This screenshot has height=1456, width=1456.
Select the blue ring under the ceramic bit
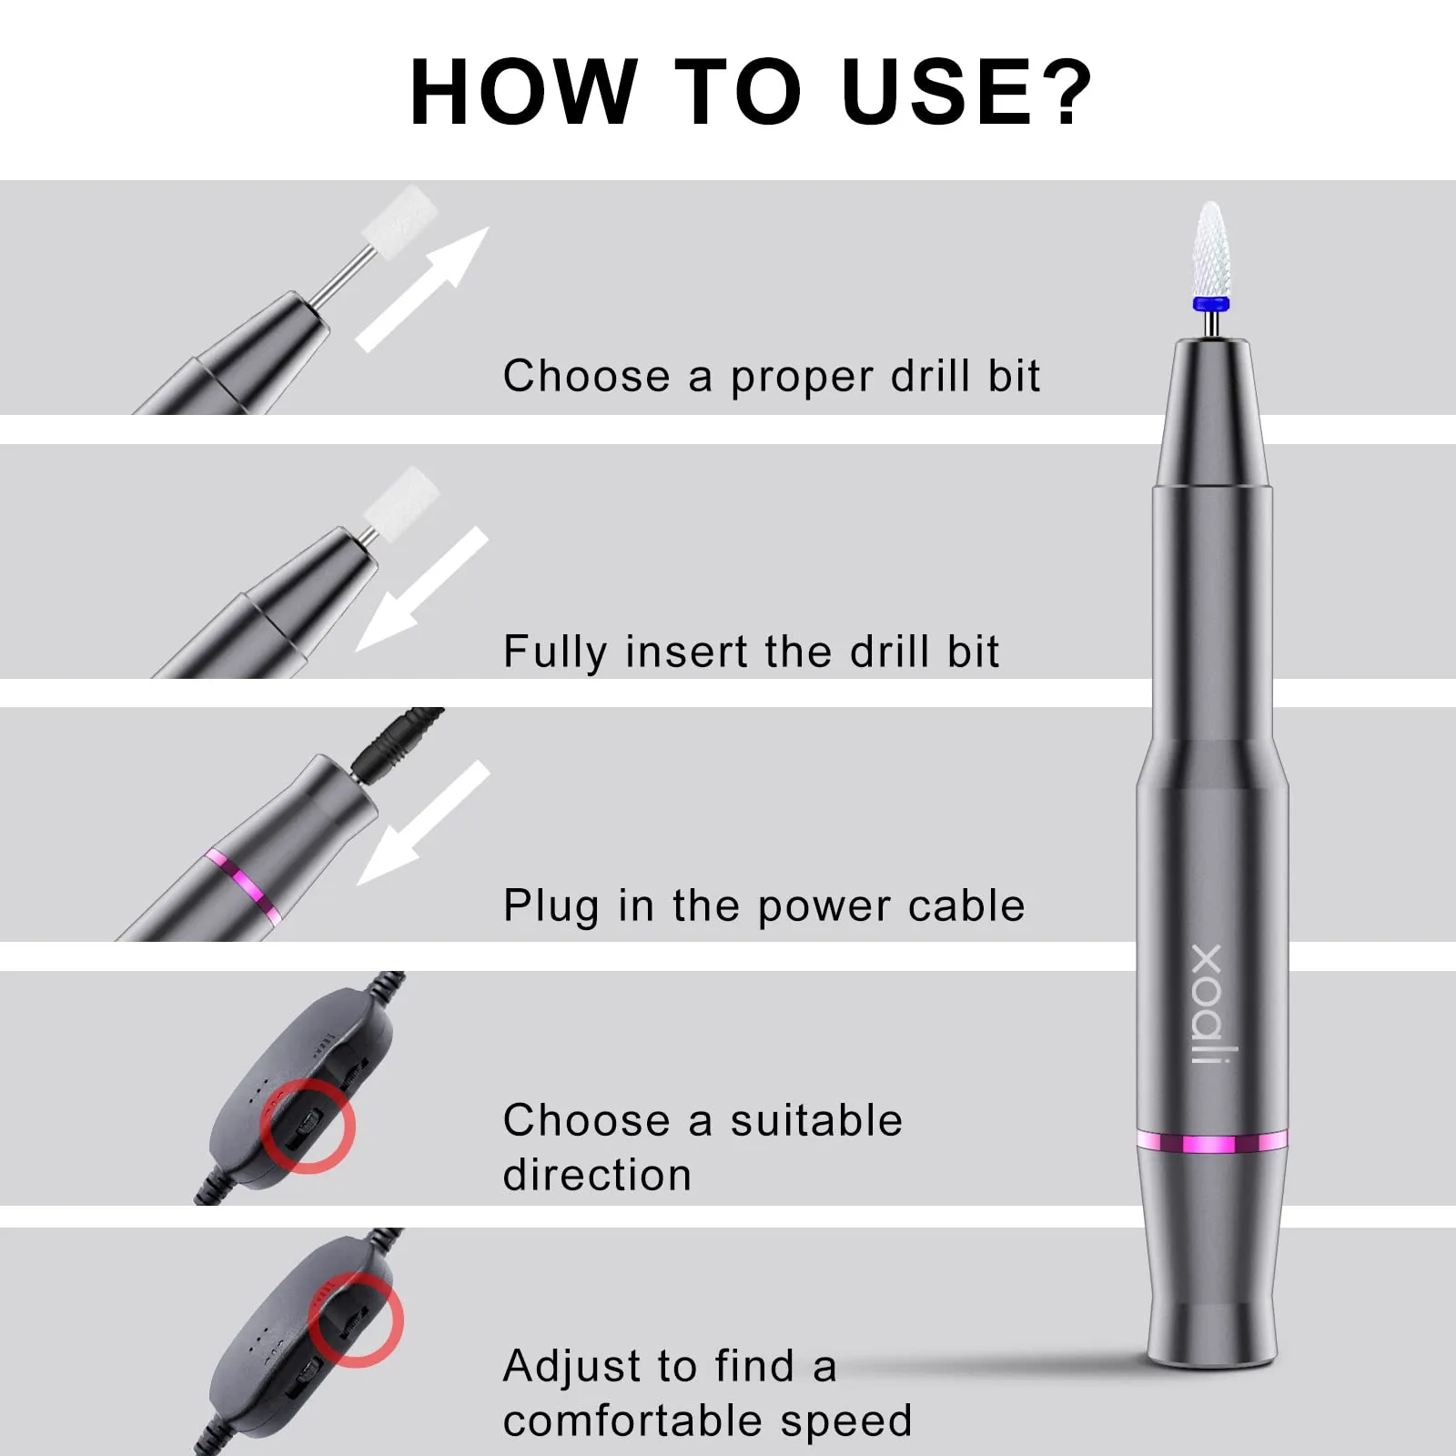1211,305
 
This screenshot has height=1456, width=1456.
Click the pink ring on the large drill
1212,1142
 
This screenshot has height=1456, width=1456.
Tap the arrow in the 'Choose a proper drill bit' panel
421,288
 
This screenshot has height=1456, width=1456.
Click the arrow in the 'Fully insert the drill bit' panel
421,589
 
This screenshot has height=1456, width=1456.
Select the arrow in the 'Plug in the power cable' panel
423,823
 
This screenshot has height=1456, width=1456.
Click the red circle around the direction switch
308,1126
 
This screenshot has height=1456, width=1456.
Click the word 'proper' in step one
802,379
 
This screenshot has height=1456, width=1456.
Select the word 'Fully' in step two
555,653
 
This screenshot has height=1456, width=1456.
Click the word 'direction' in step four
597,1175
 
